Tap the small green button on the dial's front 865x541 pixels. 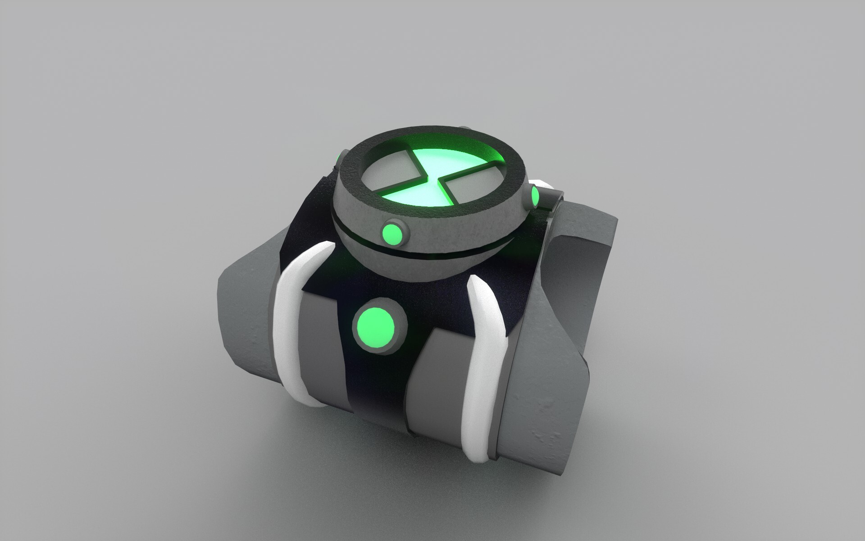392,234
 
